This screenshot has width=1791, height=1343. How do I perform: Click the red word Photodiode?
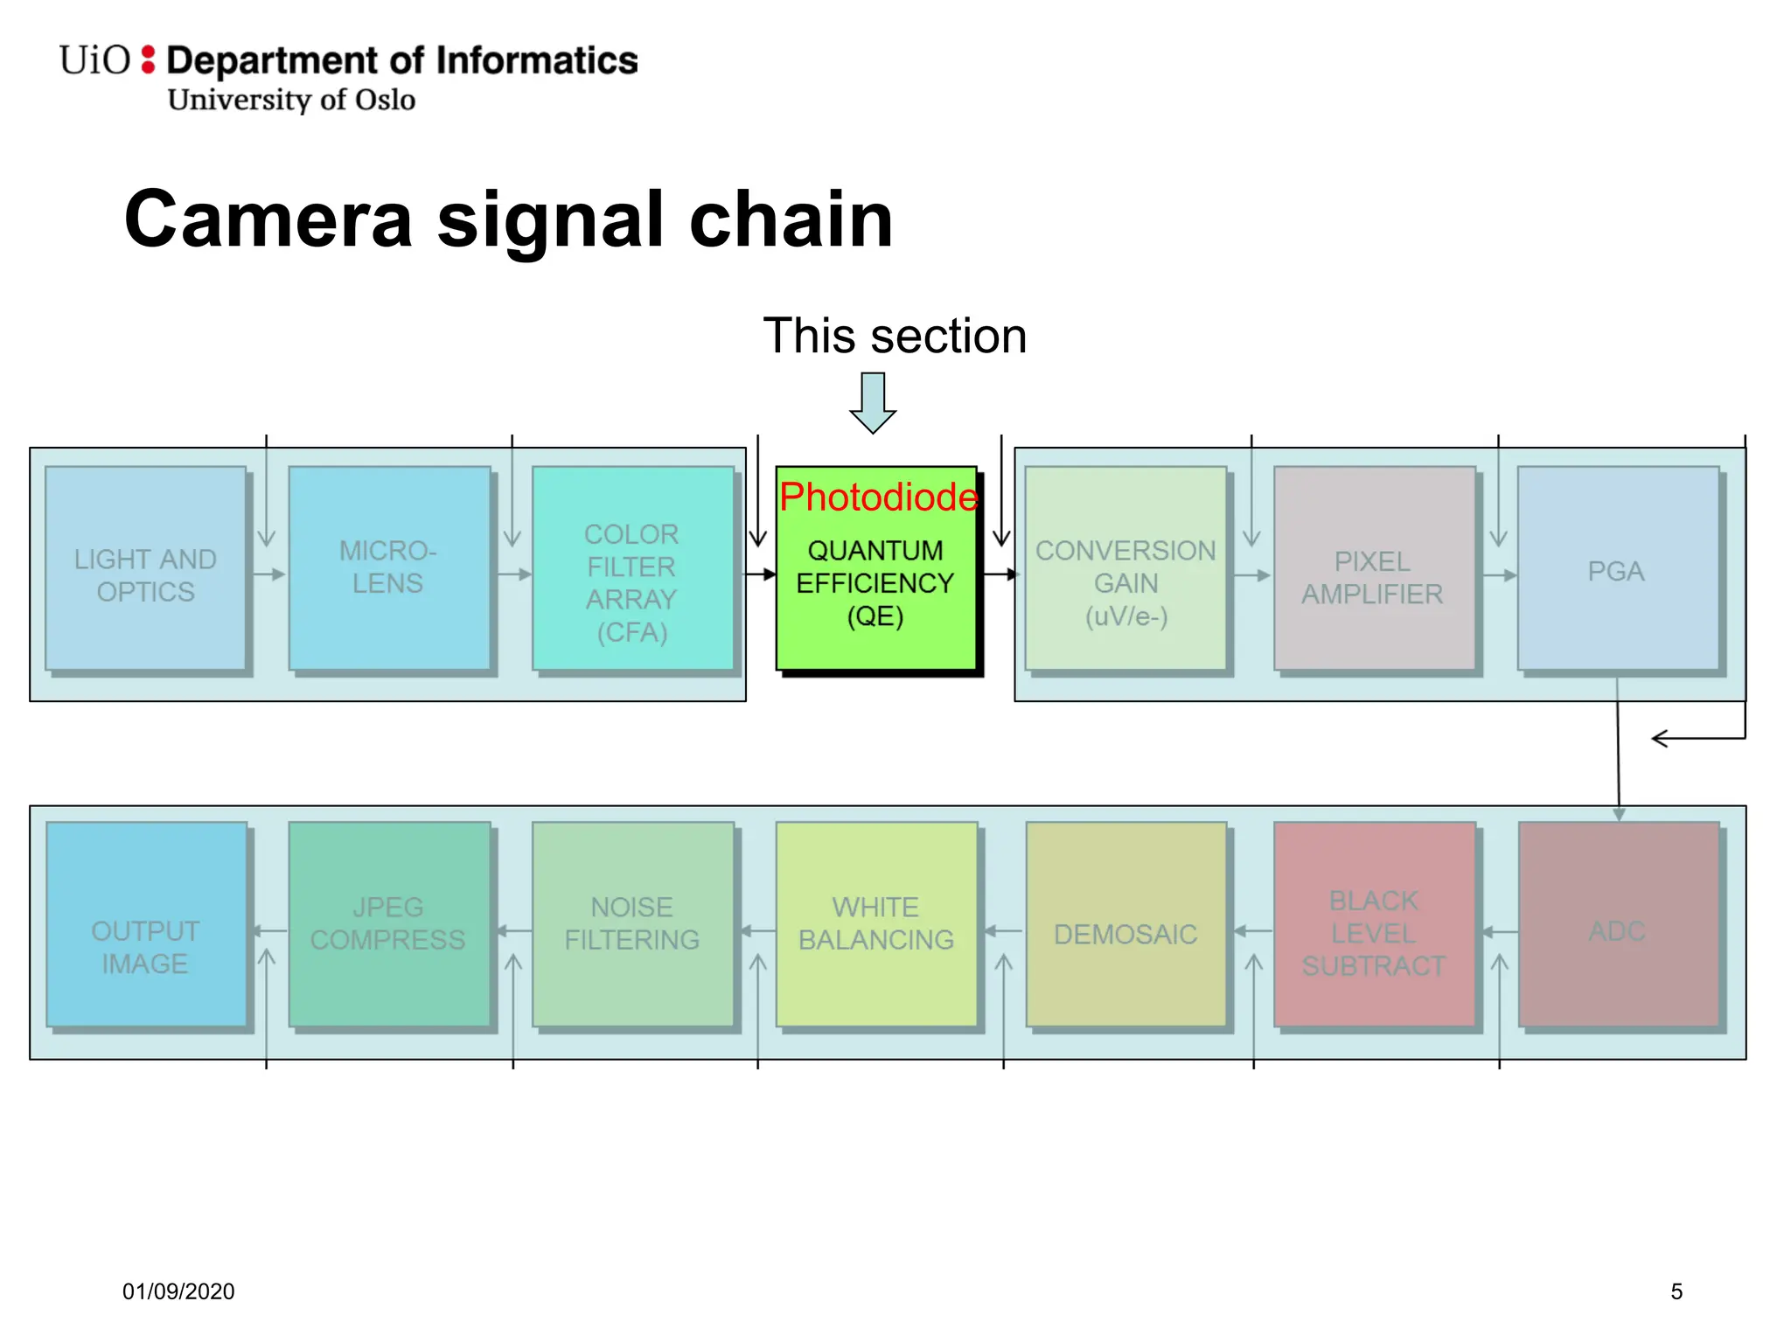point(878,497)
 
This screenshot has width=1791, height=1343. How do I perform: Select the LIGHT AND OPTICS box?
point(145,569)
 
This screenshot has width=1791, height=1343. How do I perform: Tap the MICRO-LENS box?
point(388,567)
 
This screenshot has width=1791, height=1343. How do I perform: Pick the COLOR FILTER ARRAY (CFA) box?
point(632,569)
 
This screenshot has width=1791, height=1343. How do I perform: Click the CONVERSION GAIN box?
point(1125,569)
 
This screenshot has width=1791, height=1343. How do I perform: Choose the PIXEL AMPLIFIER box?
point(1373,569)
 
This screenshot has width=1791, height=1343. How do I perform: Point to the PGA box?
point(1617,569)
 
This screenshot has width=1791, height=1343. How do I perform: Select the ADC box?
point(1618,924)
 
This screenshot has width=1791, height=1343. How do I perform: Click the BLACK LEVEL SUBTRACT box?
point(1373,924)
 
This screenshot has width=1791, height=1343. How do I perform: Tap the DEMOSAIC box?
point(1125,924)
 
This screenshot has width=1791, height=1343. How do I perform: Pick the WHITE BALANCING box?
point(876,924)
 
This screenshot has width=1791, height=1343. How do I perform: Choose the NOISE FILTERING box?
point(632,924)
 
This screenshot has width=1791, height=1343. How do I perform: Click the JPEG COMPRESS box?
point(388,924)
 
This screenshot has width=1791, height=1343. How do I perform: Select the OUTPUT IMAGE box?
point(145,924)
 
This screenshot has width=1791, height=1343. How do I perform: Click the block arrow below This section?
point(873,402)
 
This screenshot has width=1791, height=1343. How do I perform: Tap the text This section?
point(894,336)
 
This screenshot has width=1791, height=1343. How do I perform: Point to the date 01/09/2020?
point(178,1291)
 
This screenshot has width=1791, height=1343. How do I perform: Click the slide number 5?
point(1676,1291)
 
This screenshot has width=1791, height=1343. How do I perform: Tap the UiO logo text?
point(94,60)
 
